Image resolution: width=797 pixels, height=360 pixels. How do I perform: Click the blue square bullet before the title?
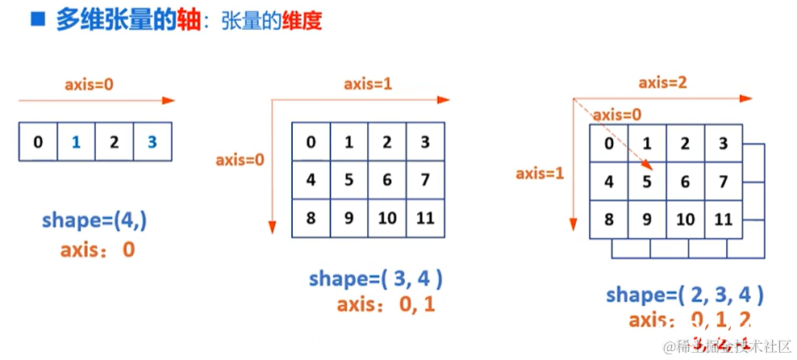37,19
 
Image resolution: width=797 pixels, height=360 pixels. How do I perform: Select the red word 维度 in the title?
302,21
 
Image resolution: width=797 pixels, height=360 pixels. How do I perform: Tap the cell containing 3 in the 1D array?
152,143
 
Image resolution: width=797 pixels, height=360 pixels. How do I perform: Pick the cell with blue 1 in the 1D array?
76,143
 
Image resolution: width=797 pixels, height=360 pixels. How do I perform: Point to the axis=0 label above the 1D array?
90,82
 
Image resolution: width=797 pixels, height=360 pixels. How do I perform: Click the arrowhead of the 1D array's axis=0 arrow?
169,101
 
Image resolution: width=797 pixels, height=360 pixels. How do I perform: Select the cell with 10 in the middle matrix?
386,218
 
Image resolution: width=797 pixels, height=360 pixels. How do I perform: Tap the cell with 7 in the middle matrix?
424,180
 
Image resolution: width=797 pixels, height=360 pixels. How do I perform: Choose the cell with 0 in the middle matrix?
311,143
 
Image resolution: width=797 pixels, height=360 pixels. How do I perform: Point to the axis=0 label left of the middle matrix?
240,160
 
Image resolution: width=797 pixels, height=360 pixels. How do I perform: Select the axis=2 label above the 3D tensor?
663,82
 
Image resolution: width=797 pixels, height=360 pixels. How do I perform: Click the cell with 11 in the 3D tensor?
723,220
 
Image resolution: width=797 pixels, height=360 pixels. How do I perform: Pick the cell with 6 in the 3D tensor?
685,182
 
